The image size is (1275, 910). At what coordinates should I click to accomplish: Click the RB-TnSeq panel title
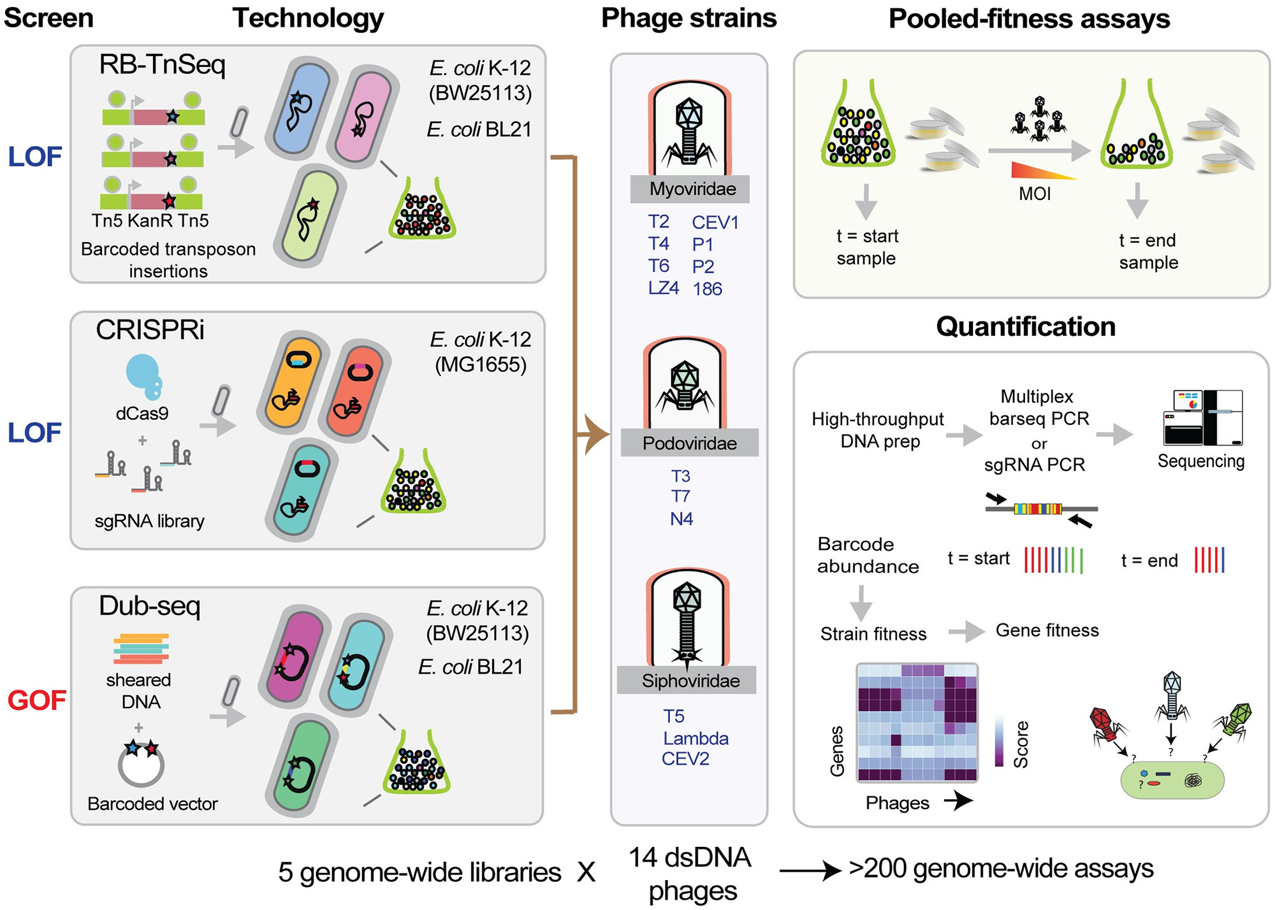point(162,65)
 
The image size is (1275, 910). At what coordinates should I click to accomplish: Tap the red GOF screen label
point(36,700)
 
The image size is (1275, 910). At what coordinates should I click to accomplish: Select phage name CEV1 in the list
point(715,222)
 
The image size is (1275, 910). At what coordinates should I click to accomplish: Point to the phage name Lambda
point(696,738)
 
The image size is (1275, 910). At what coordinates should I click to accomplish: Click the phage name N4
point(681,519)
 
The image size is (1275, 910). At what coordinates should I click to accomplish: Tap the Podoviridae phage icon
point(685,386)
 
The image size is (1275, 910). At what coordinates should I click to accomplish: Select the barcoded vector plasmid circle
point(141,763)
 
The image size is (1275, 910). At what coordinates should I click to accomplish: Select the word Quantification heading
point(1025,327)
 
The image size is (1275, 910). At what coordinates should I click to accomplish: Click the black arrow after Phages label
point(958,800)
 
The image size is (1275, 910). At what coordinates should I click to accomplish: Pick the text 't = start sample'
point(866,247)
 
